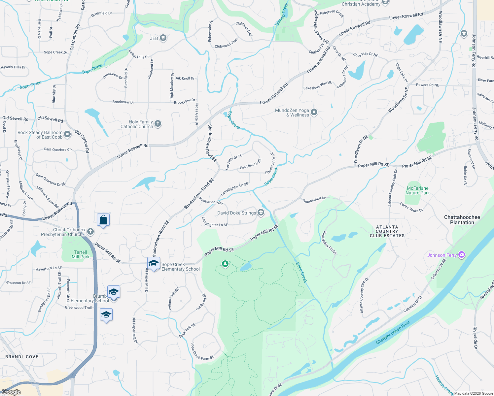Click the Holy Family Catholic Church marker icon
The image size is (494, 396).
pyautogui.click(x=158, y=124)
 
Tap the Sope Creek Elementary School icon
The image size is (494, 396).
pyautogui.click(x=154, y=263)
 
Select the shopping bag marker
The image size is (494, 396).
pyautogui.click(x=103, y=220)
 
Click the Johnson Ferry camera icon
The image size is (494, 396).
pyautogui.click(x=462, y=254)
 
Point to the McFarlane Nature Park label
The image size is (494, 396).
pyautogui.click(x=418, y=190)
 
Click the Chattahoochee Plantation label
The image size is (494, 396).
pyautogui.click(x=462, y=220)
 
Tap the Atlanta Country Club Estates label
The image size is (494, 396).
pyautogui.click(x=387, y=231)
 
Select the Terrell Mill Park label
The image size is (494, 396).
pyautogui.click(x=81, y=254)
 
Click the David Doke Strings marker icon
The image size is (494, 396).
pyautogui.click(x=261, y=213)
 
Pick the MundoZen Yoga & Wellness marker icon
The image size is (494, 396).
pyautogui.click(x=314, y=112)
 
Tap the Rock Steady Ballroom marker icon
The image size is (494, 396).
pyautogui.click(x=67, y=134)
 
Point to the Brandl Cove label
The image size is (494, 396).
pyautogui.click(x=22, y=357)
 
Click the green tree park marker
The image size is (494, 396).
pyautogui.click(x=225, y=264)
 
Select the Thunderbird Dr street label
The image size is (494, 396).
pyautogui.click(x=314, y=199)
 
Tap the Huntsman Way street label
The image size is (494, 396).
pyautogui.click(x=211, y=201)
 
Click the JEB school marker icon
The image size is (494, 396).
pyautogui.click(x=163, y=38)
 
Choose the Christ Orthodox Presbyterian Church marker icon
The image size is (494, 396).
pyautogui.click(x=90, y=232)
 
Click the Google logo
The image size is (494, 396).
pyautogui.click(x=11, y=392)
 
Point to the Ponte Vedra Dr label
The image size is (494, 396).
pyautogui.click(x=411, y=207)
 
